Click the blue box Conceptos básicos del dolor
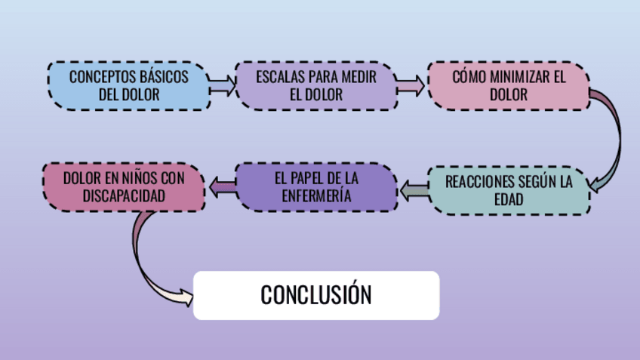coord(128,85)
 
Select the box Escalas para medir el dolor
coord(315,85)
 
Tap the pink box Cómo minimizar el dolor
coord(508,85)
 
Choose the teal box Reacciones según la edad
coord(509,190)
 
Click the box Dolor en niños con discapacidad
coord(123,186)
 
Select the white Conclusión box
coord(316,294)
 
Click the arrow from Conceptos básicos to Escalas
coord(222,85)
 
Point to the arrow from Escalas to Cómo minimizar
coord(412,85)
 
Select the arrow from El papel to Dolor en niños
coord(220,186)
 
